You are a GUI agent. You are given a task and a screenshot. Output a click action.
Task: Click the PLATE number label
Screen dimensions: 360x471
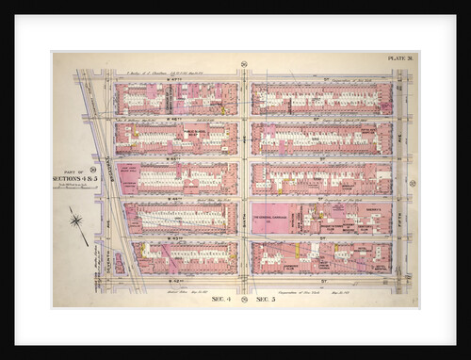tap(399, 59)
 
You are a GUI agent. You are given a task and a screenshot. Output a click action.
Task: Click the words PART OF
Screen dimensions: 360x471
tap(69, 171)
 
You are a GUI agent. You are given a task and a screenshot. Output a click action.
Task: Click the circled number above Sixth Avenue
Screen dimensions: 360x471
tap(244, 63)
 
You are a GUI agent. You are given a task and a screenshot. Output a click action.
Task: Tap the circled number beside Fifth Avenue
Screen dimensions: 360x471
tap(412, 183)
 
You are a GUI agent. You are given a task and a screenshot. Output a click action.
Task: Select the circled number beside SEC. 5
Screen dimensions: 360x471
tap(244, 298)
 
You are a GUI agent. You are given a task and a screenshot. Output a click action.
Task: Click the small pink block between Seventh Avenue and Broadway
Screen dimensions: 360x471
tap(118, 262)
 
